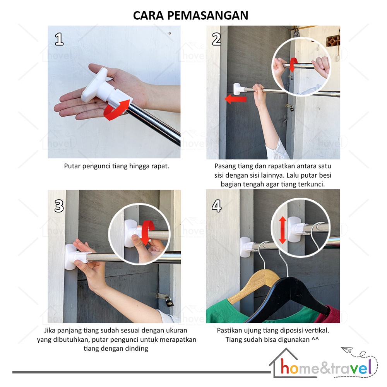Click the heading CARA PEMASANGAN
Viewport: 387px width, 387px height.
(x=190, y=15)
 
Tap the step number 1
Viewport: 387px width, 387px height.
(x=59, y=39)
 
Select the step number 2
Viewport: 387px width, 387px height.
(x=216, y=39)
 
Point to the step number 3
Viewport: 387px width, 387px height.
(x=59, y=206)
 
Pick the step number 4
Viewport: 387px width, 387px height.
(x=216, y=206)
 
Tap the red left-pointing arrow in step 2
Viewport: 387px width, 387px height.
(x=235, y=99)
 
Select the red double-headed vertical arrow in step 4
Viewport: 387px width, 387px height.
(x=283, y=230)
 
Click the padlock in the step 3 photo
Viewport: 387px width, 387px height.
(x=168, y=301)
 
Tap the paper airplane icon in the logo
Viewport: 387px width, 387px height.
(x=347, y=350)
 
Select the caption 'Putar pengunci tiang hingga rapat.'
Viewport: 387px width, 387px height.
(x=116, y=166)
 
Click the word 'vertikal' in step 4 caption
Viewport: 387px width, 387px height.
(x=317, y=330)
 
